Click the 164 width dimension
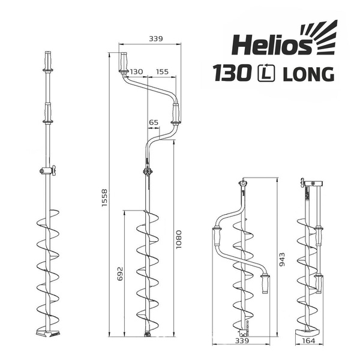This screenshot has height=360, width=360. point(310,342)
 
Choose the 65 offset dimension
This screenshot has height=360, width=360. point(153,122)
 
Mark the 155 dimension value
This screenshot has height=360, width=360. point(161,71)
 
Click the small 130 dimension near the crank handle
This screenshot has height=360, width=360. point(136,71)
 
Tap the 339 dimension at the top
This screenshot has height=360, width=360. point(155,38)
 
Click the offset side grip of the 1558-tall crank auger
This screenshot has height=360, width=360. point(176,114)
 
